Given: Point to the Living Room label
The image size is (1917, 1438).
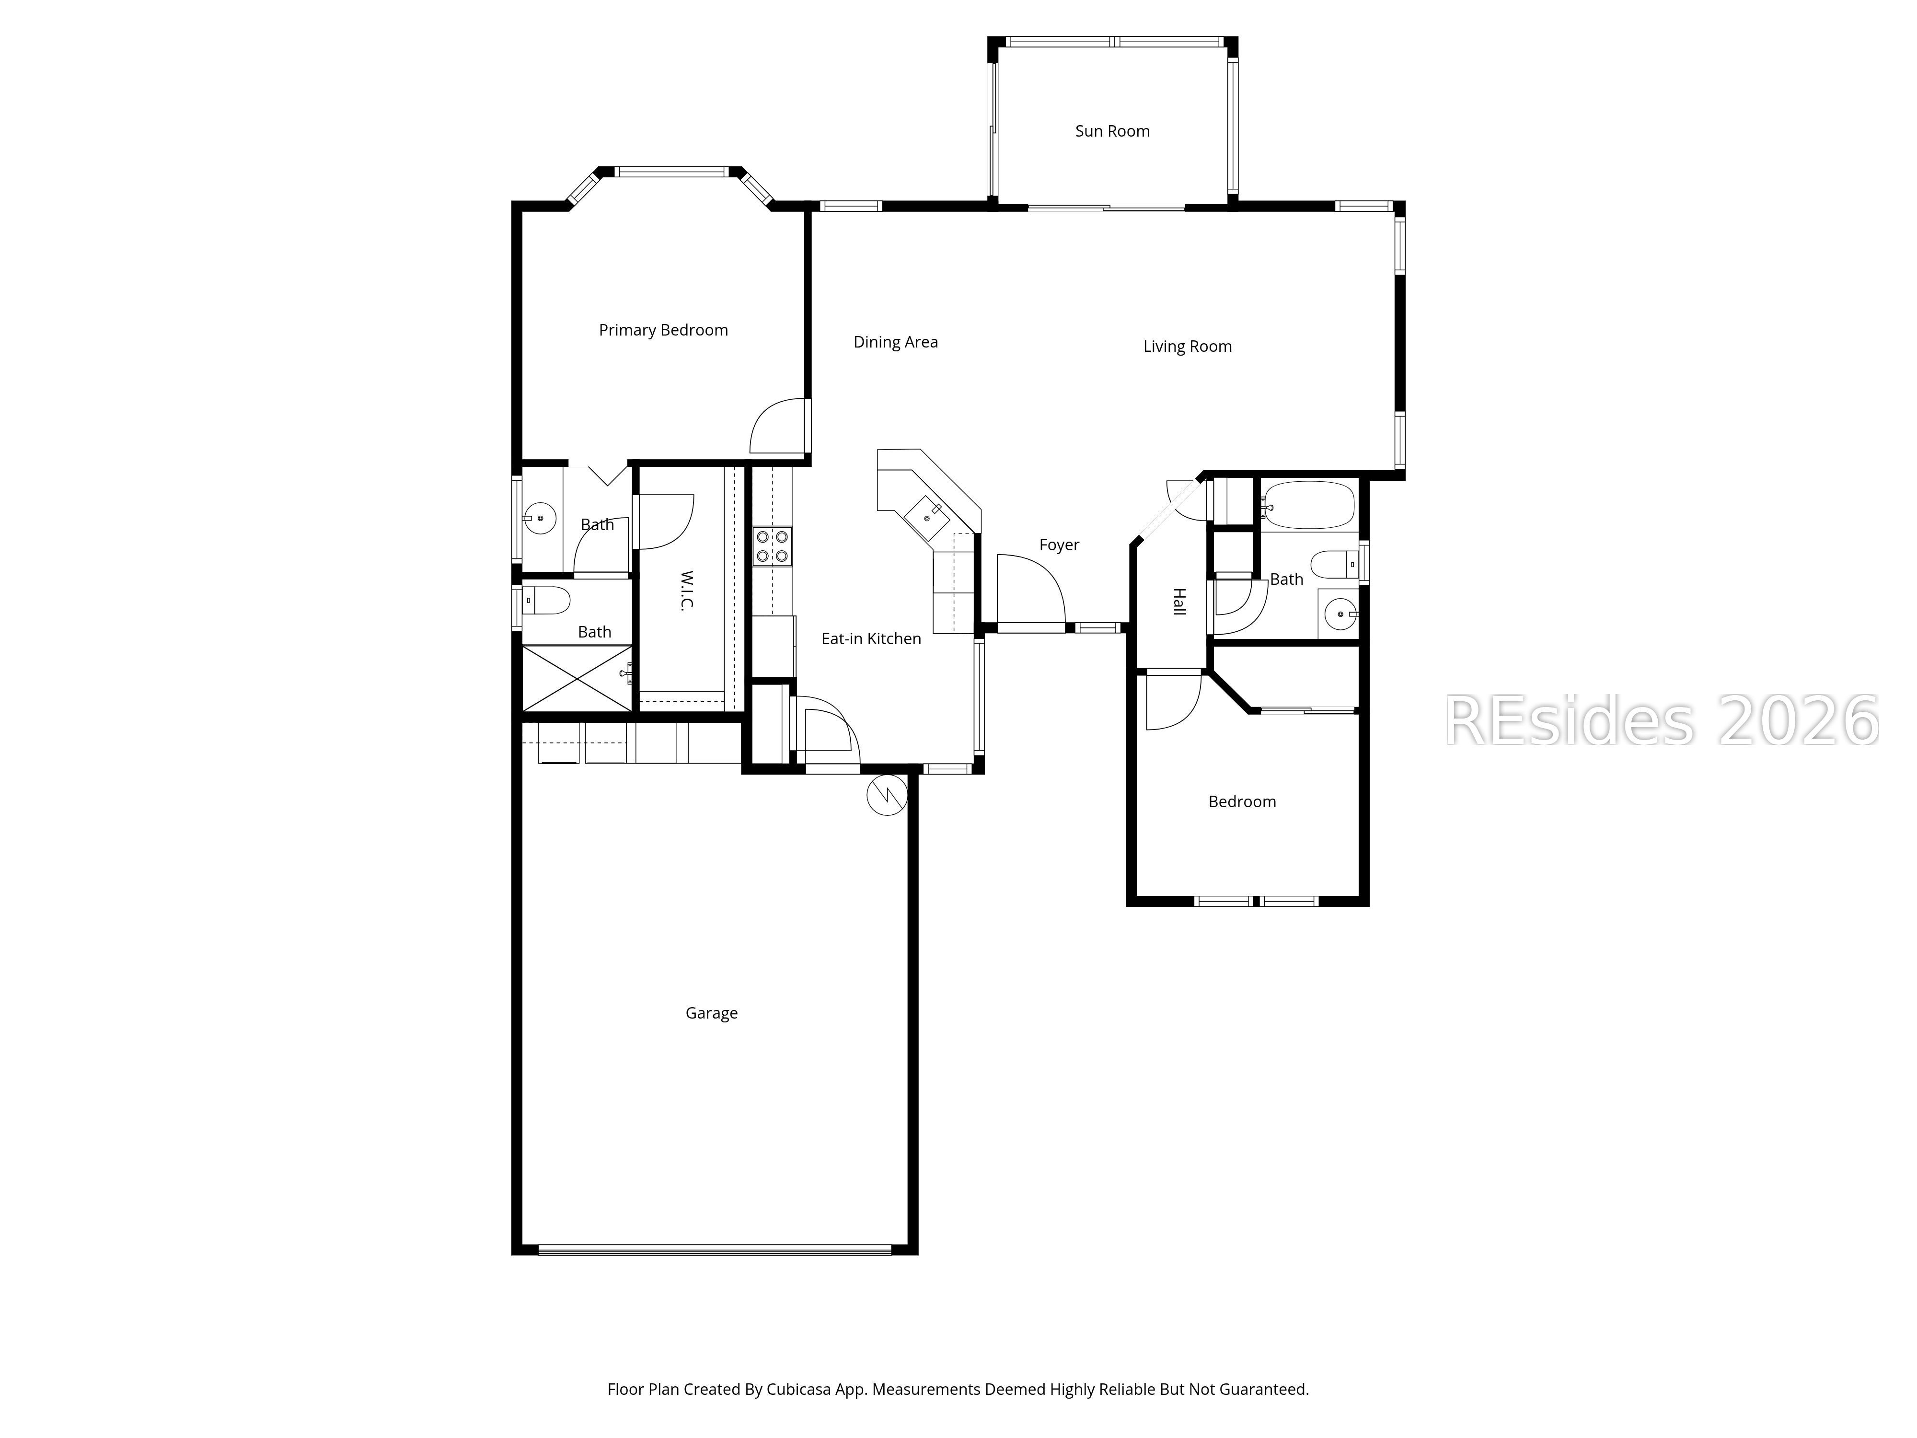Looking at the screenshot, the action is (x=1187, y=347).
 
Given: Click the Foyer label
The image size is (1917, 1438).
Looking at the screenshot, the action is (x=1059, y=545).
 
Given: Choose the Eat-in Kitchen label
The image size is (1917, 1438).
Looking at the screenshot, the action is (x=871, y=639).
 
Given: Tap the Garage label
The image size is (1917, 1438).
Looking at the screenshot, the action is (x=712, y=1013).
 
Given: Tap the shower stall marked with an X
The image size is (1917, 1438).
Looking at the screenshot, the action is (x=577, y=679).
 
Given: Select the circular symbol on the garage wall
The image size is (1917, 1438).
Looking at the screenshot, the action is (x=887, y=794).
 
